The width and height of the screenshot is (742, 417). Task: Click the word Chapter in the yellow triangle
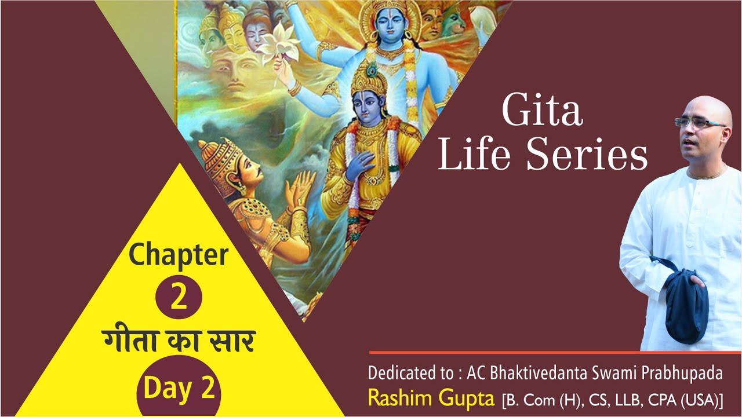[179, 255]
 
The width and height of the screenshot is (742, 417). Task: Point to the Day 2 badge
[179, 389]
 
